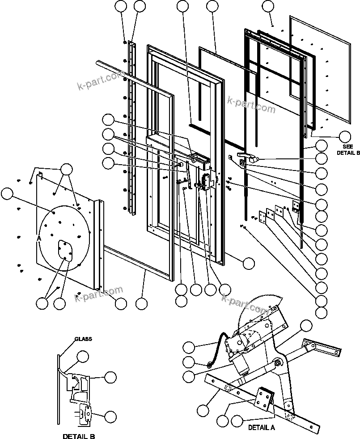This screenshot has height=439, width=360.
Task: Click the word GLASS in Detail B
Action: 83,339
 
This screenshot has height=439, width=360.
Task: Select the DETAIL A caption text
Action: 262,427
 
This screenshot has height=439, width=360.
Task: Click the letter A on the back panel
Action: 39,239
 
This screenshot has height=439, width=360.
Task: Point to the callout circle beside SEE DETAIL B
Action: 345,136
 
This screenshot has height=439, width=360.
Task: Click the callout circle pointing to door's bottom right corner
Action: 249,263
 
